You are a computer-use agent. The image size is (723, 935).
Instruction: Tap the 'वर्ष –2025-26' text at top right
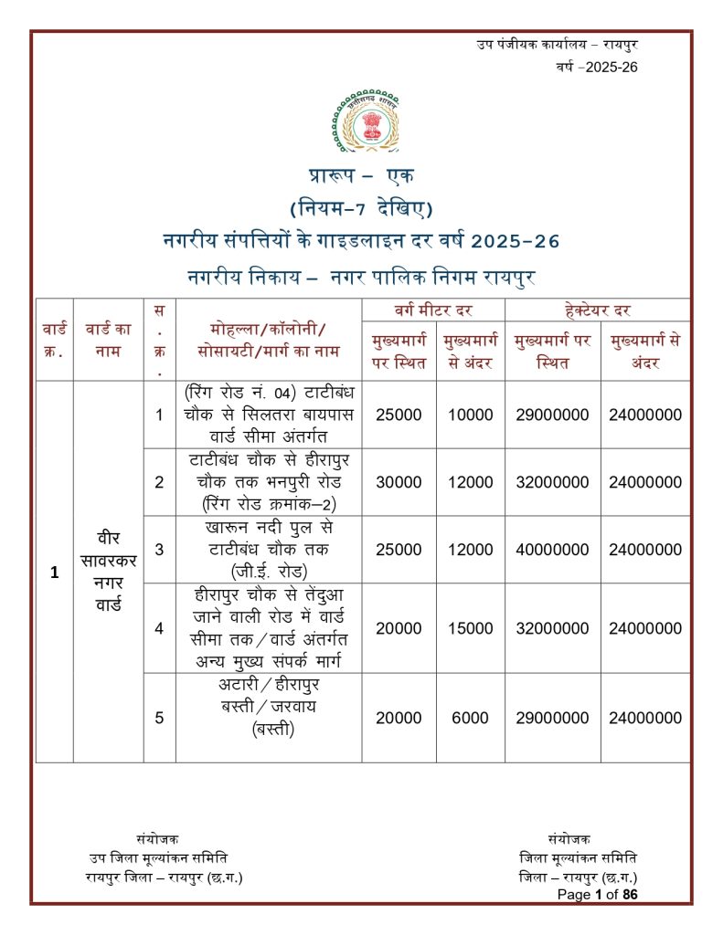click(x=596, y=67)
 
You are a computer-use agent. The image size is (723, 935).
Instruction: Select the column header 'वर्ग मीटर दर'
click(x=433, y=310)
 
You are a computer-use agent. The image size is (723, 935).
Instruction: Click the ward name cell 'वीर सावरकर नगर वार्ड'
click(x=108, y=571)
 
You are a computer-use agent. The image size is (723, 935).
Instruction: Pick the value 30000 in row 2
click(x=399, y=482)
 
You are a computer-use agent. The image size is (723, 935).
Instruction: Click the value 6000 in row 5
click(x=470, y=718)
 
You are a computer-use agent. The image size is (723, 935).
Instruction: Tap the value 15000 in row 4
click(x=470, y=628)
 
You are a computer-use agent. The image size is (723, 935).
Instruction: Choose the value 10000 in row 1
click(x=470, y=415)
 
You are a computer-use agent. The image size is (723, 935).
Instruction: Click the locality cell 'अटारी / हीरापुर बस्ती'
click(x=268, y=707)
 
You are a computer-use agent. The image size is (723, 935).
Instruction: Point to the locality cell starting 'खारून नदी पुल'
click(x=268, y=550)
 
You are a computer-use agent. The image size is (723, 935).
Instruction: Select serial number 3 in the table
click(x=159, y=550)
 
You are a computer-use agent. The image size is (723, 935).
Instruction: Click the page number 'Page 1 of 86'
click(x=597, y=895)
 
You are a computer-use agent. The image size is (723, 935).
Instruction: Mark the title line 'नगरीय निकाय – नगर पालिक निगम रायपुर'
click(x=361, y=275)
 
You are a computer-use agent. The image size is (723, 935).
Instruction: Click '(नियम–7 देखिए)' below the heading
click(x=361, y=209)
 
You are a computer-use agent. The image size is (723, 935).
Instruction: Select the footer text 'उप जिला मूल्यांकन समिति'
click(x=158, y=857)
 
